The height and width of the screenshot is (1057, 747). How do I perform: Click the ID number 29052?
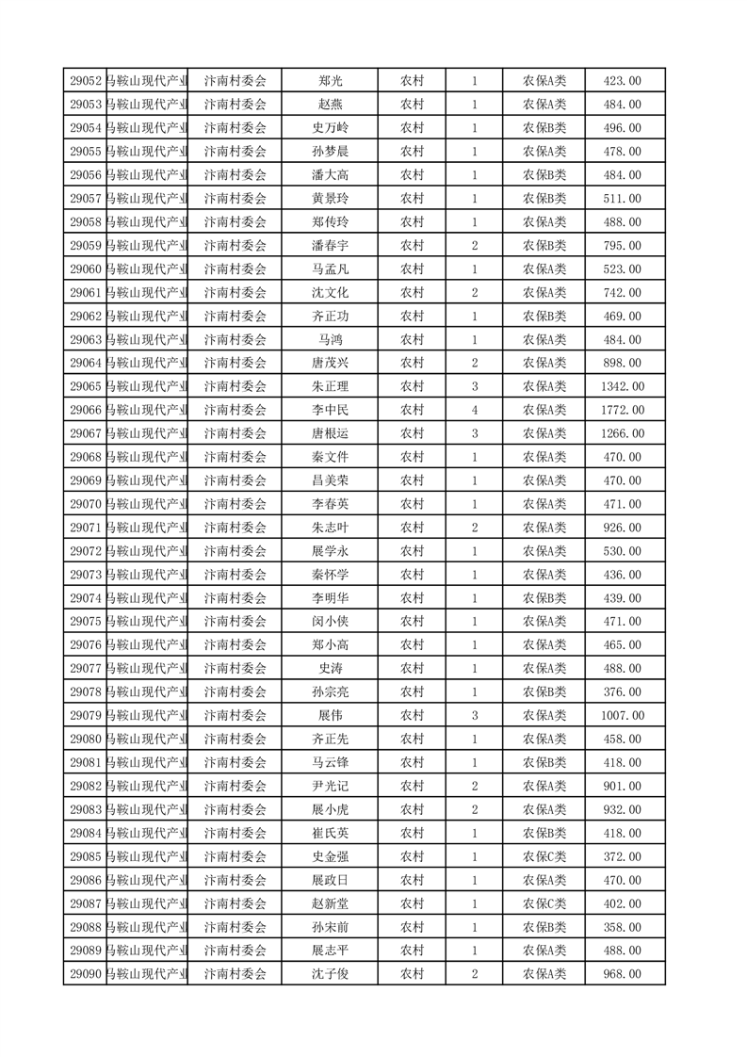85,81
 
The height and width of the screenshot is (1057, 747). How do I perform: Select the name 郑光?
331,81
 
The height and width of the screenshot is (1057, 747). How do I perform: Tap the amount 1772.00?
622,410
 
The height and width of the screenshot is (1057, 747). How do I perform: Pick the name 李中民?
331,410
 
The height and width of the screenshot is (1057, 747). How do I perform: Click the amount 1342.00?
622,386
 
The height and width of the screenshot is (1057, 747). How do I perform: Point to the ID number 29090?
85,973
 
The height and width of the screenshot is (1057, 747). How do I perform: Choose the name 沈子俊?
331,973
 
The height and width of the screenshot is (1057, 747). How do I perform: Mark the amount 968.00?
622,973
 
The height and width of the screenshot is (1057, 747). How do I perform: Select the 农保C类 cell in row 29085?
544,856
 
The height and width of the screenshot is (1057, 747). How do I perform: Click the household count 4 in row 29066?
474,410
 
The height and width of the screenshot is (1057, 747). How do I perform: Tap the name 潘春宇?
331,246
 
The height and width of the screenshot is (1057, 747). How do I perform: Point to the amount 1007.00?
622,715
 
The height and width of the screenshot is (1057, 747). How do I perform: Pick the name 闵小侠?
331,621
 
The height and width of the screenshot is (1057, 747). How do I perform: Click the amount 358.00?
622,926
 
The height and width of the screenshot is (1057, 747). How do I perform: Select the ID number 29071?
85,528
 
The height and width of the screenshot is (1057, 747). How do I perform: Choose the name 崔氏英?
331,833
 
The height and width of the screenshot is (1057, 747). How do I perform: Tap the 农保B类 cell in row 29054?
544,128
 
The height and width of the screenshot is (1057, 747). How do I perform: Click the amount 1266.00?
622,433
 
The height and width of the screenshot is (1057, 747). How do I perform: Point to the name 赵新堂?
331,903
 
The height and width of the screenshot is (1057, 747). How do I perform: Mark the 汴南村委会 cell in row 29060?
235,269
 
